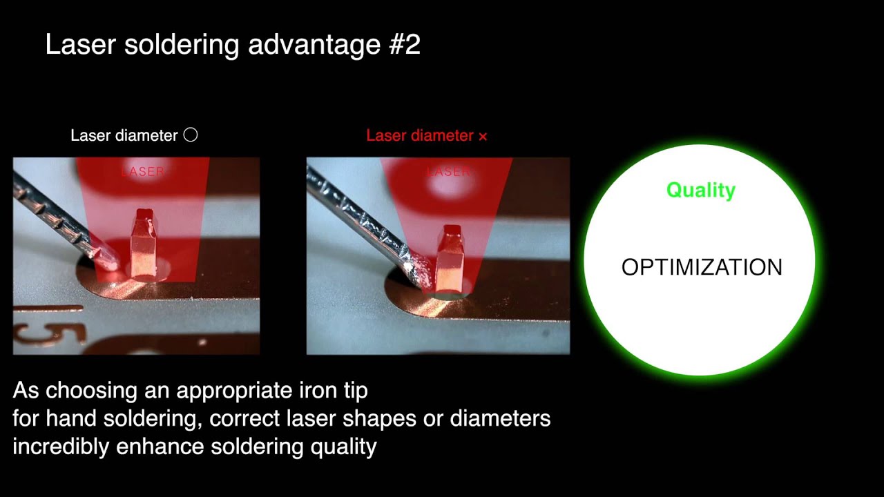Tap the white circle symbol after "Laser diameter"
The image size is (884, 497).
pyautogui.click(x=191, y=135)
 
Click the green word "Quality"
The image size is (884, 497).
pyautogui.click(x=700, y=190)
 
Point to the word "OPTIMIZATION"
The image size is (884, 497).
pyautogui.click(x=702, y=267)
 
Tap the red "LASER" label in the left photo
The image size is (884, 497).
pyautogui.click(x=143, y=171)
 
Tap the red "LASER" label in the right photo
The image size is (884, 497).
pyautogui.click(x=449, y=171)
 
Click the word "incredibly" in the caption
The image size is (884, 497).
pyautogui.click(x=61, y=447)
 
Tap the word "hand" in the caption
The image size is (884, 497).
pyautogui.click(x=69, y=418)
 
